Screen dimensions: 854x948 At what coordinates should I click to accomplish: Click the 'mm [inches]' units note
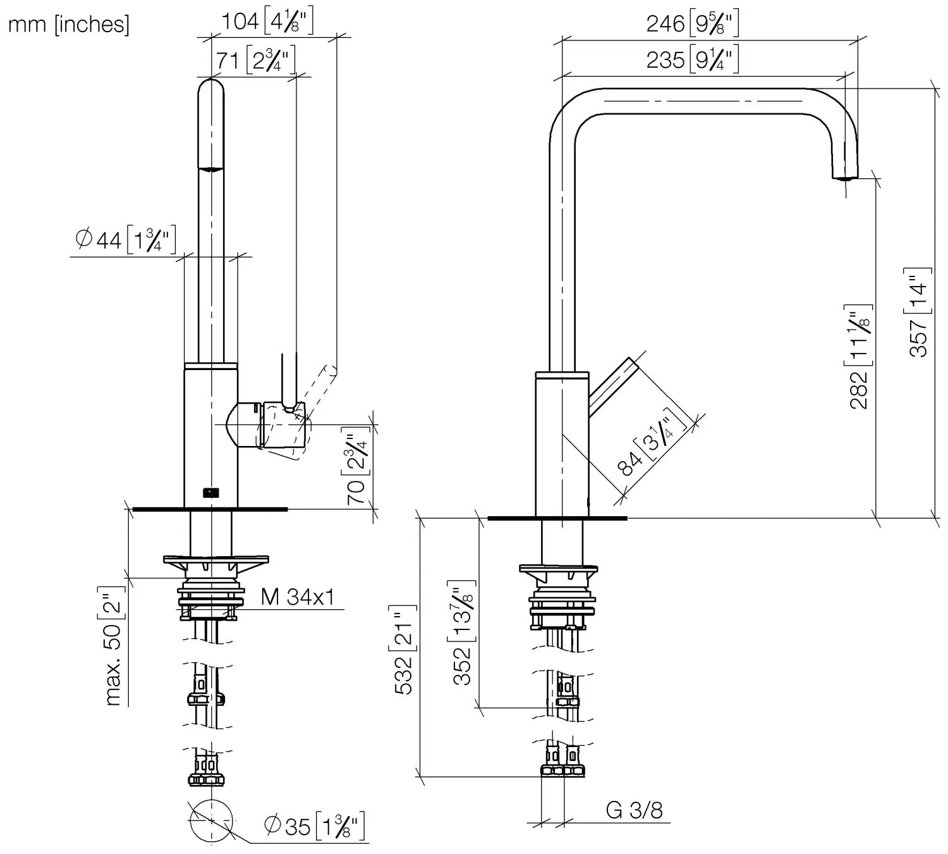(x=68, y=24)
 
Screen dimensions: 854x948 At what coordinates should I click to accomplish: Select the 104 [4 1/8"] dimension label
(x=267, y=22)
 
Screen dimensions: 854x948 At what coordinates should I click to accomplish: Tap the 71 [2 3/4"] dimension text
(x=255, y=61)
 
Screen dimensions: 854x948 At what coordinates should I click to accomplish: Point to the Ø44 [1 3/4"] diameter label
(x=125, y=240)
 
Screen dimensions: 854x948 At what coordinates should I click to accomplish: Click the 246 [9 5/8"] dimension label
(x=692, y=24)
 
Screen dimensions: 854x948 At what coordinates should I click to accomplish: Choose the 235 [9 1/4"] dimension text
(x=692, y=59)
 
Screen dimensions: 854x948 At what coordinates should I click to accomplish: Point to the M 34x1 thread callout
(x=297, y=597)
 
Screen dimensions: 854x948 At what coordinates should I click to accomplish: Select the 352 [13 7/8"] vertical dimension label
(x=463, y=632)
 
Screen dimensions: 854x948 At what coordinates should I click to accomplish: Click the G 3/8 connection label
(x=634, y=810)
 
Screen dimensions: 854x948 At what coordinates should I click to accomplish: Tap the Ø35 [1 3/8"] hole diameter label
(x=315, y=826)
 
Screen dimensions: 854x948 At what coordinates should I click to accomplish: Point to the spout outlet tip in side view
(x=844, y=178)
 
